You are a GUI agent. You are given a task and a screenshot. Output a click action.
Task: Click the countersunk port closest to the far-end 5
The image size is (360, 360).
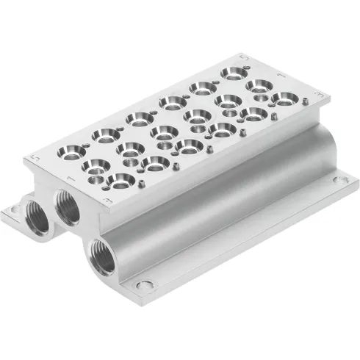234,73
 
